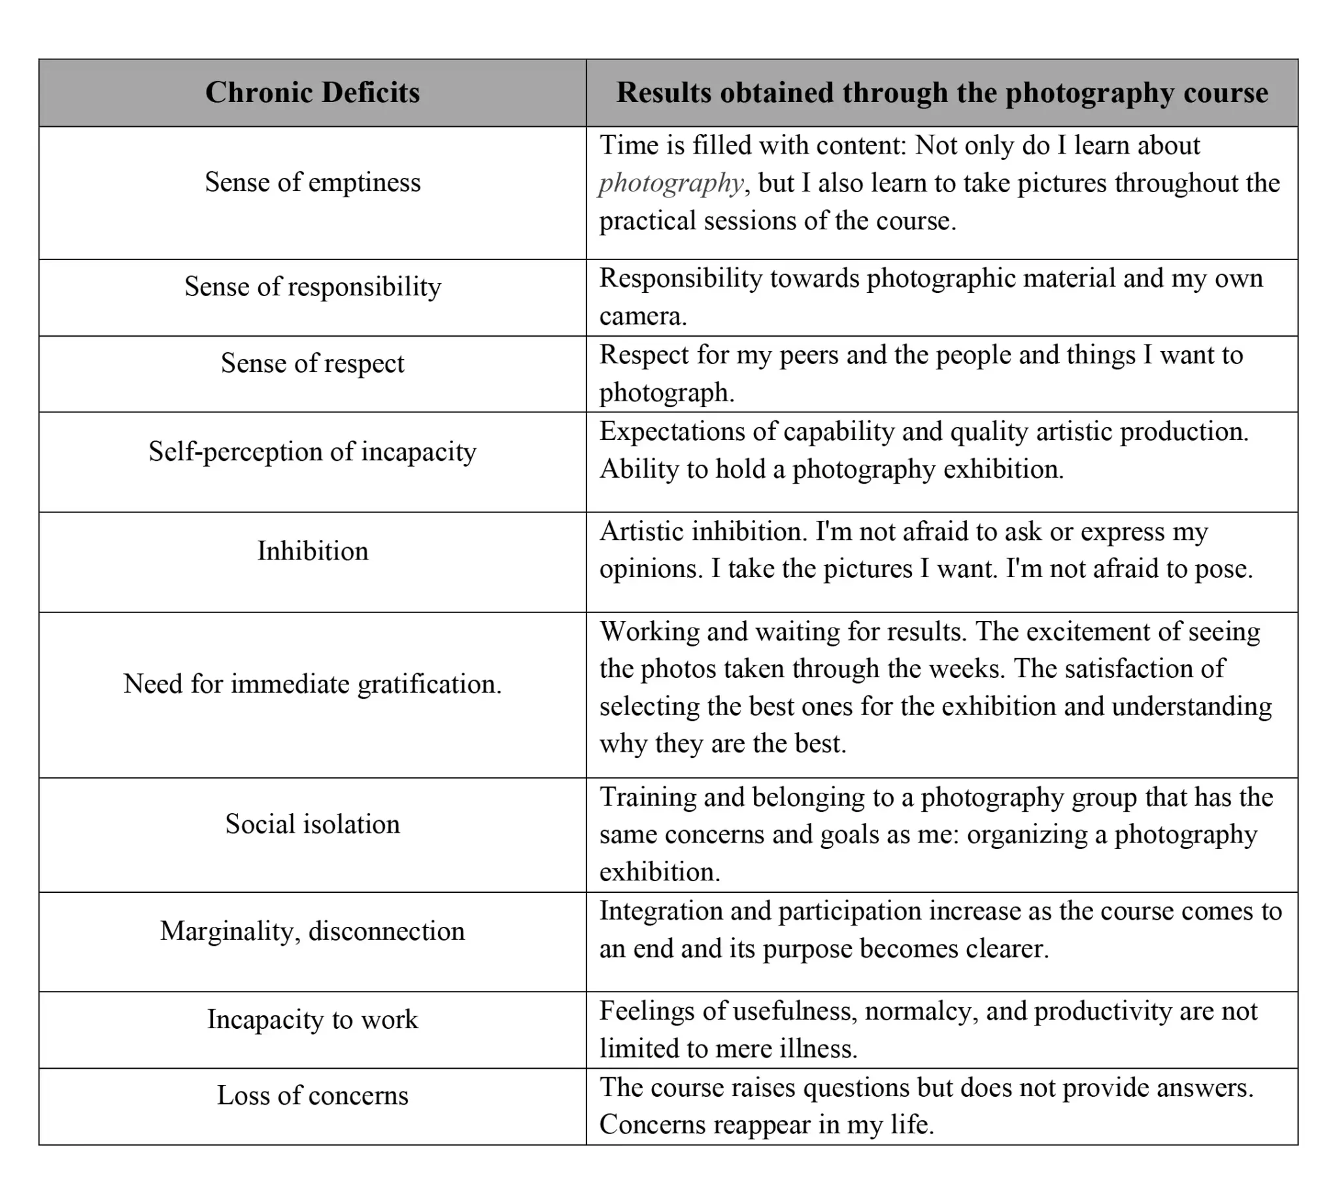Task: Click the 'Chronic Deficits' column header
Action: click(313, 92)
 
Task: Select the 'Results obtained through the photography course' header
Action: click(941, 92)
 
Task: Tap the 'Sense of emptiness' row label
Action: click(313, 182)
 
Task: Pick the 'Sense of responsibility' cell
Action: click(313, 286)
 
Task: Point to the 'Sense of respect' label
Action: click(313, 363)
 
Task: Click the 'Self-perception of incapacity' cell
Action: click(313, 452)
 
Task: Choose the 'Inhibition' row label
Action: click(313, 551)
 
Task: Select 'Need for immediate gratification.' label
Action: click(313, 684)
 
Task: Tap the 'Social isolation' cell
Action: click(313, 824)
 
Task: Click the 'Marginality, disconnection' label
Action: click(313, 931)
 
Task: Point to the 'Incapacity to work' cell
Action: click(313, 1019)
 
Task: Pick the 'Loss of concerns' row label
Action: click(313, 1095)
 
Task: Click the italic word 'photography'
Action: click(671, 184)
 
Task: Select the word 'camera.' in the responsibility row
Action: click(643, 316)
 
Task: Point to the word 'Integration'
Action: click(660, 911)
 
